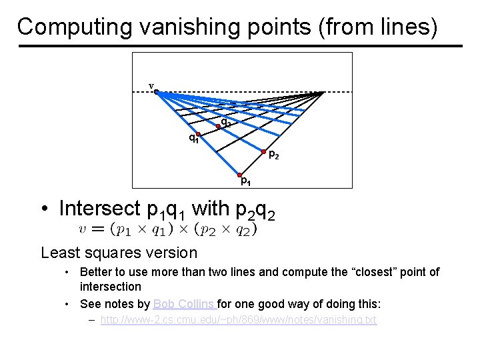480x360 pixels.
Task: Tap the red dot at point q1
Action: tap(199, 135)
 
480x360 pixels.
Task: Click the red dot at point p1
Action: tap(239, 175)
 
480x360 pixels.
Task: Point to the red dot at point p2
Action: tap(263, 151)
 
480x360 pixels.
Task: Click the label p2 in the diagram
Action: tap(273, 155)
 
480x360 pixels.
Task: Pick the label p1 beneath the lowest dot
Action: tap(245, 181)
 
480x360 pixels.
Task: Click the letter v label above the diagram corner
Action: tap(151, 85)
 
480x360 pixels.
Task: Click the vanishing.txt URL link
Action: tap(238, 320)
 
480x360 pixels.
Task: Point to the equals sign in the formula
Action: tap(98, 229)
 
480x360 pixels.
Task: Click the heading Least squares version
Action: tap(119, 253)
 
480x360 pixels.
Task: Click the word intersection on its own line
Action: tap(110, 287)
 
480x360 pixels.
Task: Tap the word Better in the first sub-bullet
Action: tap(95, 272)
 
